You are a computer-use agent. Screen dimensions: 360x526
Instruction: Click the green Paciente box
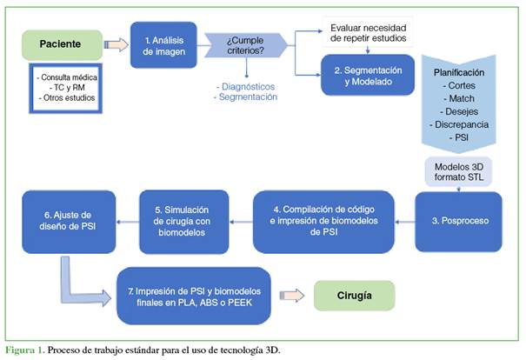coord(59,43)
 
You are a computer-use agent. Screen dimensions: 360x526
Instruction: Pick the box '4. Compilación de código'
coord(330,222)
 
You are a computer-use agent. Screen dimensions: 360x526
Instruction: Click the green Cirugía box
coord(353,296)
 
